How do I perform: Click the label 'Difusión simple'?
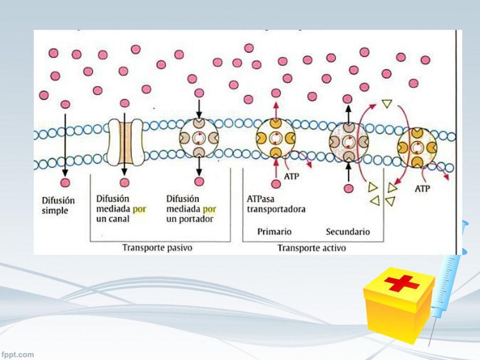58,205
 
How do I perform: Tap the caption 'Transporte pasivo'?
157,247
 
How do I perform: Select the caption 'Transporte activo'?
312,247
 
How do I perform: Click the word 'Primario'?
274,232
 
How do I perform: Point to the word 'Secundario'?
348,232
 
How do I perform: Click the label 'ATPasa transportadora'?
276,204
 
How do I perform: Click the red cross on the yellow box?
401,283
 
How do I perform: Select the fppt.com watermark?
17,354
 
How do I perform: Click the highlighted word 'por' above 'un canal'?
139,210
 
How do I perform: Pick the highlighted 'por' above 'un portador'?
210,210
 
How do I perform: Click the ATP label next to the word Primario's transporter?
292,176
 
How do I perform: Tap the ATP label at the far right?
422,188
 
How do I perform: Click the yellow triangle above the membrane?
387,104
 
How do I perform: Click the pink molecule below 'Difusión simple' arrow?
65,183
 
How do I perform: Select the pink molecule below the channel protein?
124,182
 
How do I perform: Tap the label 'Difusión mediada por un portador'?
191,209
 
